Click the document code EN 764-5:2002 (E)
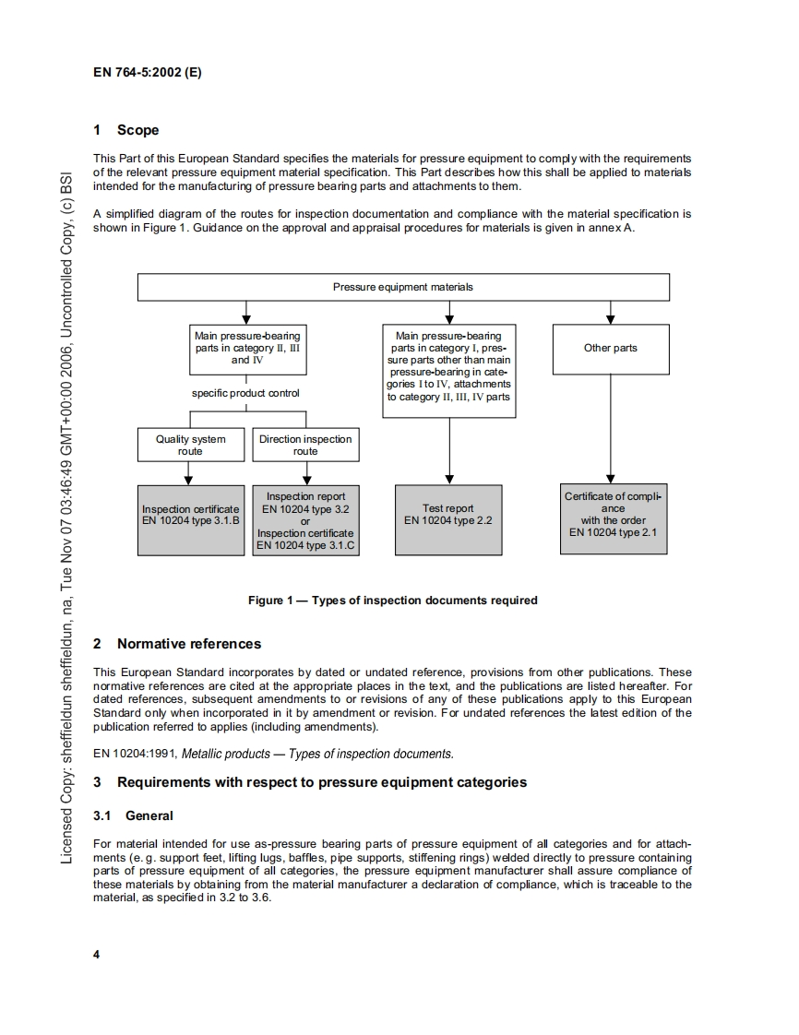[148, 72]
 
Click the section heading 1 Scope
[127, 130]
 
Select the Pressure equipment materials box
[403, 287]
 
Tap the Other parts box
[610, 348]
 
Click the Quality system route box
[190, 445]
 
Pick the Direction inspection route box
[305, 445]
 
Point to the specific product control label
[245, 393]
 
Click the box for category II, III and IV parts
[246, 348]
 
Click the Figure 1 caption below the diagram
[392, 601]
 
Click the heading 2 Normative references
[177, 644]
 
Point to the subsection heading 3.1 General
[134, 815]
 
